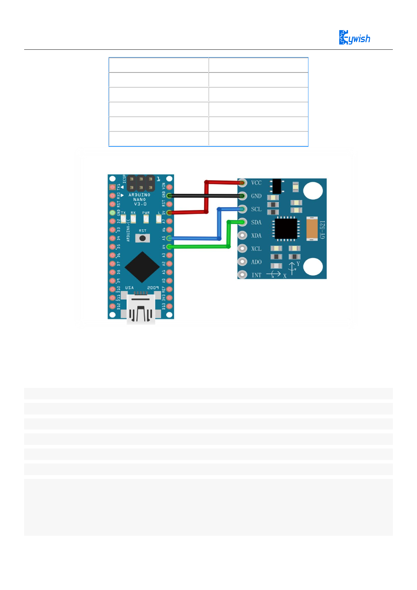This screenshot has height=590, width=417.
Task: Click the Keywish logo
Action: click(354, 37)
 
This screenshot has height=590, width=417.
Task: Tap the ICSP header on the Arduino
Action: click(141, 183)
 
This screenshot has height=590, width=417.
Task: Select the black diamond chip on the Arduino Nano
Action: click(142, 267)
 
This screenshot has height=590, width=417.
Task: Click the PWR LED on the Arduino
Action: click(146, 219)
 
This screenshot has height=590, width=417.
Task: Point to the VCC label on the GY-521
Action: click(256, 183)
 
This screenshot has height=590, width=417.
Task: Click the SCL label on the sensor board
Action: click(256, 209)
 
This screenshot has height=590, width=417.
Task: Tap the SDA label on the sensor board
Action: click(256, 222)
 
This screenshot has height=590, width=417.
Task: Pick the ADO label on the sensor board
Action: click(256, 262)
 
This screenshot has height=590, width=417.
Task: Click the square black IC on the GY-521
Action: click(286, 228)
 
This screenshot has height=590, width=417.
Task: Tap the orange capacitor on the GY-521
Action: click(312, 228)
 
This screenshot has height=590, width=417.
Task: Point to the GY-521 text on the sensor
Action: click(322, 229)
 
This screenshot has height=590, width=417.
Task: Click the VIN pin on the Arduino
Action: click(169, 187)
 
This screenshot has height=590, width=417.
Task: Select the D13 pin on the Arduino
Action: click(169, 306)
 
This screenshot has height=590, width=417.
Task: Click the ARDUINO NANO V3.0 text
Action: click(139, 199)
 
